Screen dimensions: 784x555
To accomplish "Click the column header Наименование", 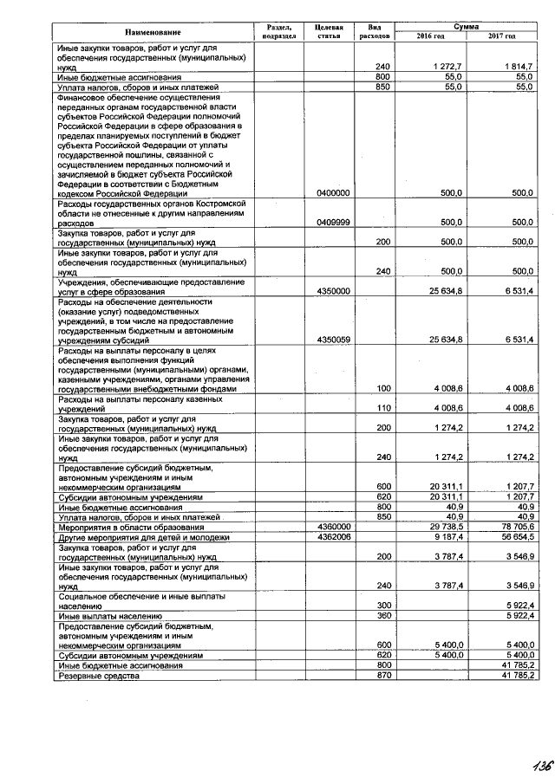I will click(142, 32).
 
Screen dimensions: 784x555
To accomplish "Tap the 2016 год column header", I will click(429, 36).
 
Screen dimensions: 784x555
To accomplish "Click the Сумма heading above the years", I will click(466, 28).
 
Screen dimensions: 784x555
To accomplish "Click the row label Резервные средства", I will click(98, 676).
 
